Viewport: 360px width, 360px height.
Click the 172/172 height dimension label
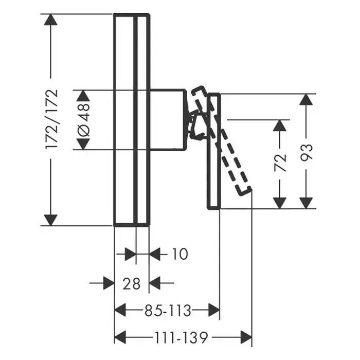(52, 119)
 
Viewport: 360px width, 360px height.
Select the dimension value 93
(307, 152)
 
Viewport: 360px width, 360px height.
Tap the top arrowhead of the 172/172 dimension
(50, 21)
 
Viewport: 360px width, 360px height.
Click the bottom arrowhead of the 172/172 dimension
(50, 219)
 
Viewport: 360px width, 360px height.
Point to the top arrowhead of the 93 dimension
(307, 100)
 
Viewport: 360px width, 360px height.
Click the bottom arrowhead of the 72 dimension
(280, 202)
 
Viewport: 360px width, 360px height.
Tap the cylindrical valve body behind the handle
(167, 119)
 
